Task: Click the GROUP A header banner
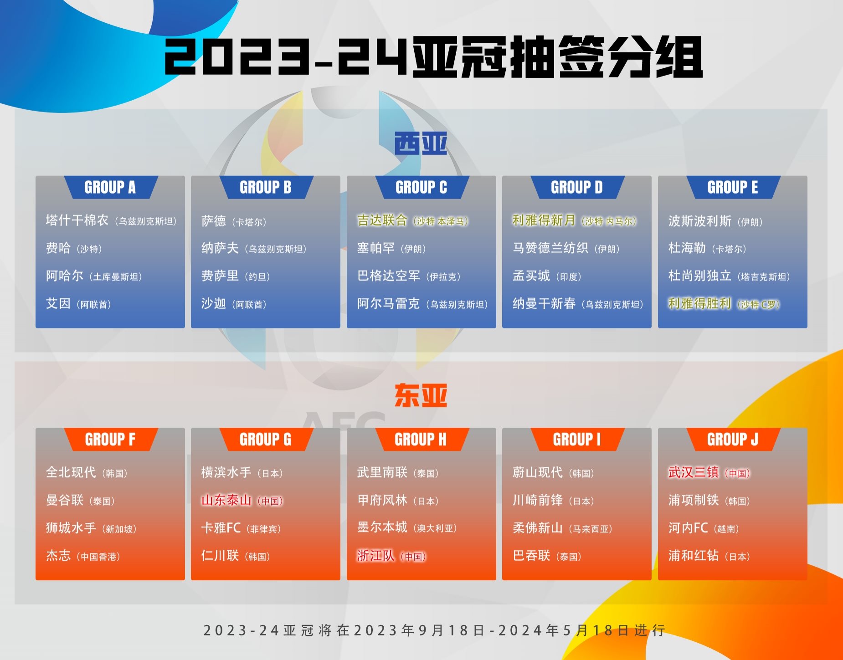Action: coord(110,187)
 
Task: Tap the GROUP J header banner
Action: coord(732,440)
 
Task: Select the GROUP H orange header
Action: coord(421,440)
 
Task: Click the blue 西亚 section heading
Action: coord(421,143)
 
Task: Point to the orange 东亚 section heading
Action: coord(421,395)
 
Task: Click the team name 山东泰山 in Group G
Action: coord(226,500)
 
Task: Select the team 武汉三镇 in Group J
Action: coord(693,472)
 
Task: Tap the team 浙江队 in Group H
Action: coord(375,556)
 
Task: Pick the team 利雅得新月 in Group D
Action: coord(544,220)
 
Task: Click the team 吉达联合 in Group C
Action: coord(382,220)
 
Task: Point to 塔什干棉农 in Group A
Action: coord(77,220)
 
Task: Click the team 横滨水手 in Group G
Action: coord(226,472)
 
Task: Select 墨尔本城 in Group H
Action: coord(382,527)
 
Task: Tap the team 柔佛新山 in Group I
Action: coord(537,528)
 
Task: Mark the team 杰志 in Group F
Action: coord(58,556)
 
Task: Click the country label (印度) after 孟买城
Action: coord(569,276)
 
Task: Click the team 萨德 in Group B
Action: coord(214,221)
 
